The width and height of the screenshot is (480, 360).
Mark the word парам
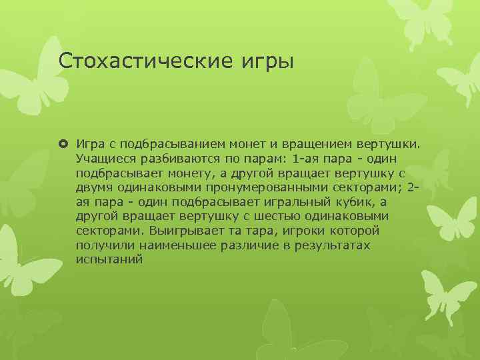pyautogui.click(x=257, y=159)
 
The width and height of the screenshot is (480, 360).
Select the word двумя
pyautogui.click(x=94, y=188)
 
